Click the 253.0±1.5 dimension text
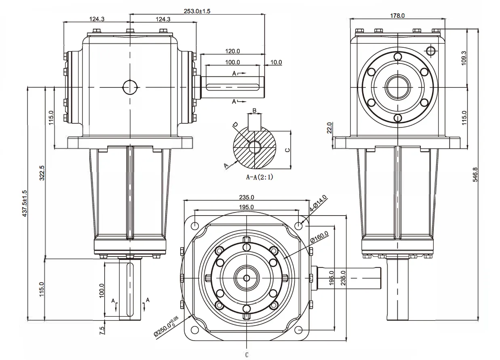197,11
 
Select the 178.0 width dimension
397,16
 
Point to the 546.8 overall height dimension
475,174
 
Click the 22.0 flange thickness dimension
329,128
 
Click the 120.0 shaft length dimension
232,51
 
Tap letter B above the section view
254,110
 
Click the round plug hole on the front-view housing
130,87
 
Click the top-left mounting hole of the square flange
195,225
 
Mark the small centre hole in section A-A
254,147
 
